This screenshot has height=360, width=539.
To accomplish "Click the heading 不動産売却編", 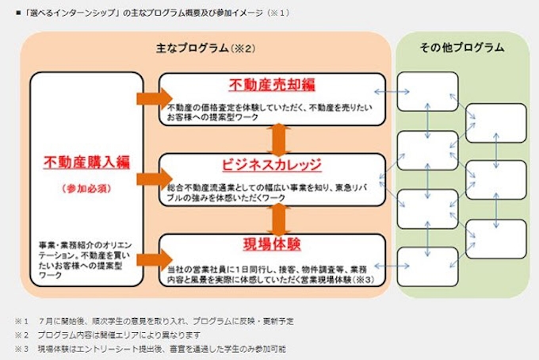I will (273, 86).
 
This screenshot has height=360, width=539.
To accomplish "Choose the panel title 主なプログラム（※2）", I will (205, 49).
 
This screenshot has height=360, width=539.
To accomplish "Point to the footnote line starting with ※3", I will (151, 348).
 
